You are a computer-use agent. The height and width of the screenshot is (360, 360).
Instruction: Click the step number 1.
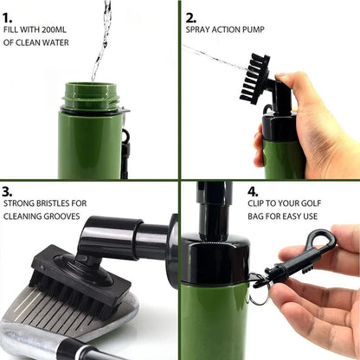[10, 16]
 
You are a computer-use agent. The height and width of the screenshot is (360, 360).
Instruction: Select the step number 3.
[10, 192]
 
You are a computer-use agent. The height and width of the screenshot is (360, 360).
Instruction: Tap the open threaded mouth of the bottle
[91, 89]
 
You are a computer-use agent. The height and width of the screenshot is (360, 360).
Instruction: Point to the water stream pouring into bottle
[102, 39]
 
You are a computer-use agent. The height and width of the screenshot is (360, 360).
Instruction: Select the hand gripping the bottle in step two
[307, 121]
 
